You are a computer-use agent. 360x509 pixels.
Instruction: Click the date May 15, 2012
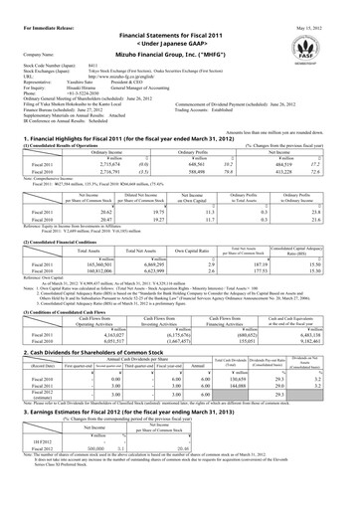point(329,12)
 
